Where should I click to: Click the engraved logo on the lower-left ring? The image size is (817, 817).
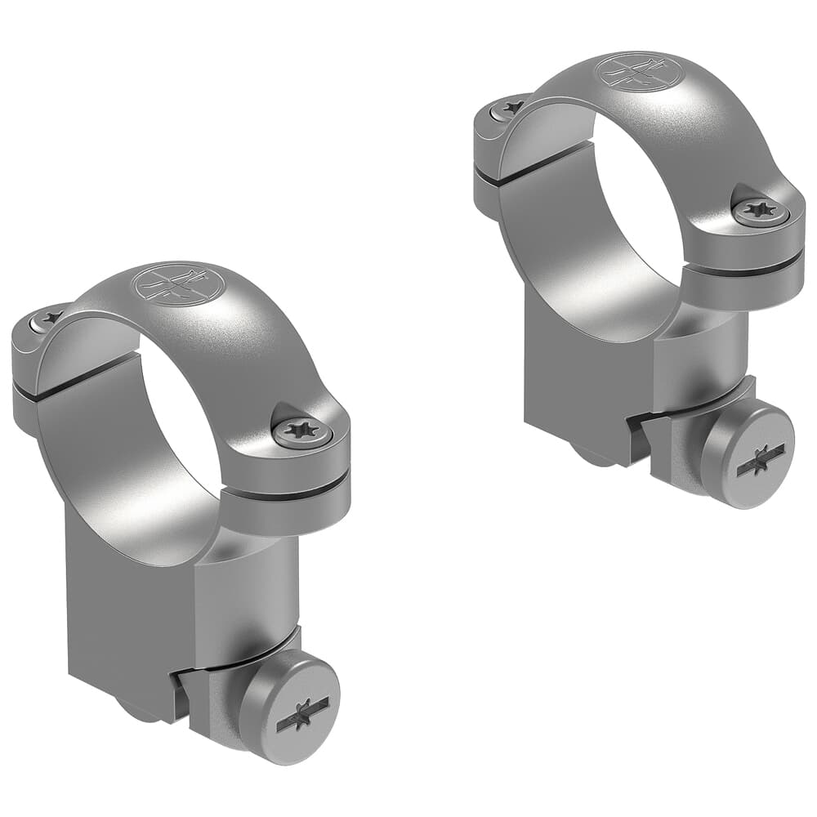tap(178, 284)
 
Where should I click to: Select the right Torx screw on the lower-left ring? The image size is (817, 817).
tap(302, 431)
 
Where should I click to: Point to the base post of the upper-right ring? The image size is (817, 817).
tap(572, 384)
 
